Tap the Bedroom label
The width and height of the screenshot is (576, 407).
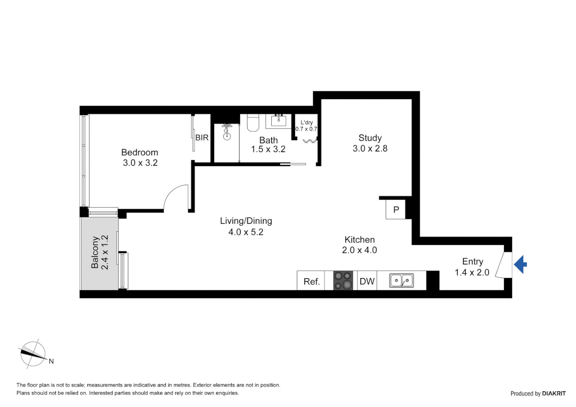point(139,153)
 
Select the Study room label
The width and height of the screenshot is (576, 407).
point(370,138)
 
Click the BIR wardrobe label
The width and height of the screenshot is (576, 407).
point(202,138)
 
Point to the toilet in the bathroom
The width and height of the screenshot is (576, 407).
point(253,123)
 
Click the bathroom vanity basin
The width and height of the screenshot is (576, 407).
point(279,121)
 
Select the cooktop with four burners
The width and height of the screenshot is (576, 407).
point(343,280)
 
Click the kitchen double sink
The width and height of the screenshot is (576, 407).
point(401,281)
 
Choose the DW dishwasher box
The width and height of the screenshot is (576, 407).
point(367,281)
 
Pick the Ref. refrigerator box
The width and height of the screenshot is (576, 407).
point(311,282)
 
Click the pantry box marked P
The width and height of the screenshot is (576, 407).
point(396,210)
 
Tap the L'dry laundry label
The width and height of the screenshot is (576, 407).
point(306,122)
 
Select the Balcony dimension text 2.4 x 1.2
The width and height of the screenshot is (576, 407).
point(105,252)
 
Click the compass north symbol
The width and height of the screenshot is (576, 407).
point(33,354)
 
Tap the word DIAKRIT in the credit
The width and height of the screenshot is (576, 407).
point(554,393)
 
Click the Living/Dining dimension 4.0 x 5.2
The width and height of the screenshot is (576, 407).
point(246,232)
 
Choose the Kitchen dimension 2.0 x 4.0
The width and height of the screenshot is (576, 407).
point(359,250)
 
